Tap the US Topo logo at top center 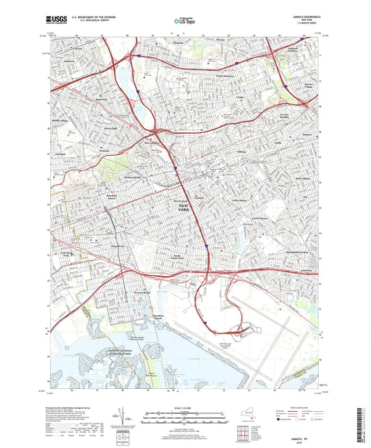point(183,21)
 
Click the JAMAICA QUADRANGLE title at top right point(299,15)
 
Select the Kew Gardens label point(151,143)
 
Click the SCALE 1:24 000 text point(185,409)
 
